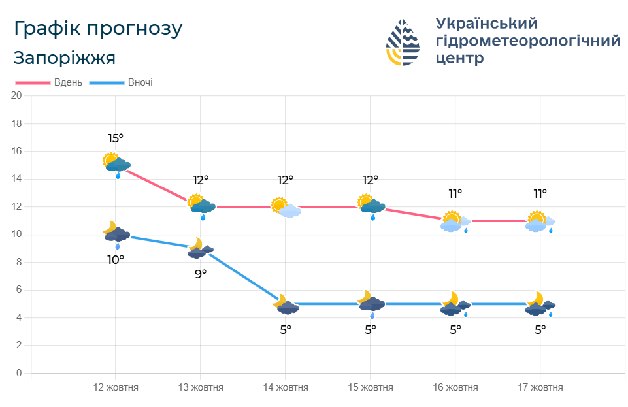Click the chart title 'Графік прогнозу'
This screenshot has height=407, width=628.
(98, 29)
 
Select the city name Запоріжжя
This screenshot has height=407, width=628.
(64, 58)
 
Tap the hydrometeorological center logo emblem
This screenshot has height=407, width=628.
(403, 42)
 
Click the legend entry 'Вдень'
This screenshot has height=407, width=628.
(68, 82)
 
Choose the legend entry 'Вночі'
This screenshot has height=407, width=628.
(140, 82)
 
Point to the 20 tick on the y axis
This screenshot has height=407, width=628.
(17, 95)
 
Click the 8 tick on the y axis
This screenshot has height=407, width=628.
(19, 262)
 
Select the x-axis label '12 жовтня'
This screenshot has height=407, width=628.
(116, 387)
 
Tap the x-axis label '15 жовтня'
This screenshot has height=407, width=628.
(371, 387)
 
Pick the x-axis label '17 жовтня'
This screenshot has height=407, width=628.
(540, 387)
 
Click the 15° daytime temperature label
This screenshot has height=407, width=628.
(116, 138)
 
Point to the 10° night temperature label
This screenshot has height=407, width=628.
(116, 259)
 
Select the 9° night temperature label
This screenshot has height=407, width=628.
(201, 274)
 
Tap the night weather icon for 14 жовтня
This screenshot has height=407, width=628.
(286, 304)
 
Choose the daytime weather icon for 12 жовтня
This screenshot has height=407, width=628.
(116, 163)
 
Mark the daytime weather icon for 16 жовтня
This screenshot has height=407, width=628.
(455, 222)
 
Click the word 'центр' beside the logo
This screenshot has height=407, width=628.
(460, 58)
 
